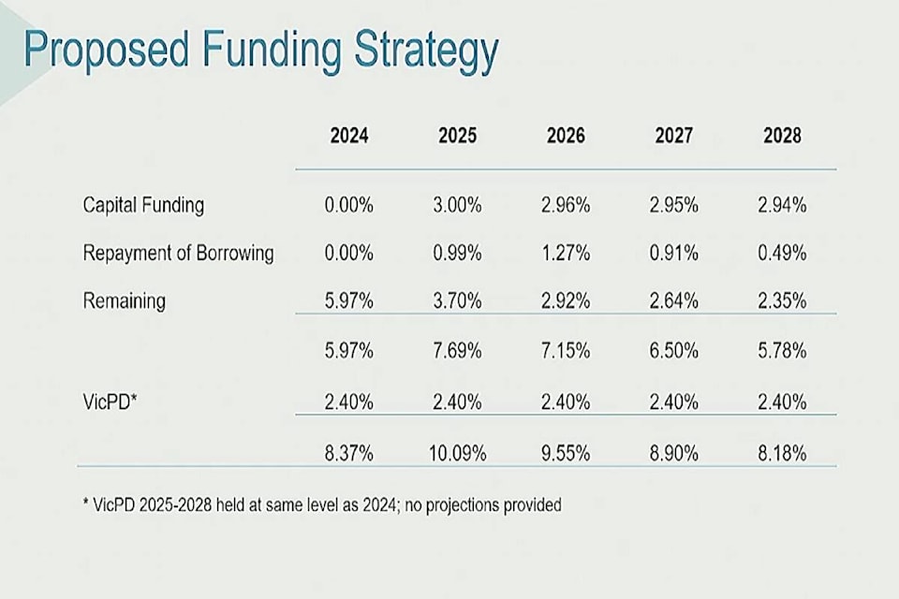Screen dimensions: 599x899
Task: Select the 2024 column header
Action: pos(349,136)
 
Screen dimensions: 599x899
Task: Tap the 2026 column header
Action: pos(566,136)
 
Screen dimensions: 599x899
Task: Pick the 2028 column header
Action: pos(782,136)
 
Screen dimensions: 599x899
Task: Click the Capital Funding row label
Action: pos(143,205)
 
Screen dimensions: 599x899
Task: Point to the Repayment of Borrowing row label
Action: pos(178,254)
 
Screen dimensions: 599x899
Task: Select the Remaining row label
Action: pos(124,301)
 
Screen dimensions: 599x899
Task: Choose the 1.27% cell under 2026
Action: pos(566,254)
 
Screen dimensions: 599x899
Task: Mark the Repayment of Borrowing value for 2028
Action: pos(782,254)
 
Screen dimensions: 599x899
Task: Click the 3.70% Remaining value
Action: pos(457,301)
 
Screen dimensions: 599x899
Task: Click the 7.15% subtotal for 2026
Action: pos(566,352)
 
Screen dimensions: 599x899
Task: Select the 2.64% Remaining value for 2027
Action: pos(674,301)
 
